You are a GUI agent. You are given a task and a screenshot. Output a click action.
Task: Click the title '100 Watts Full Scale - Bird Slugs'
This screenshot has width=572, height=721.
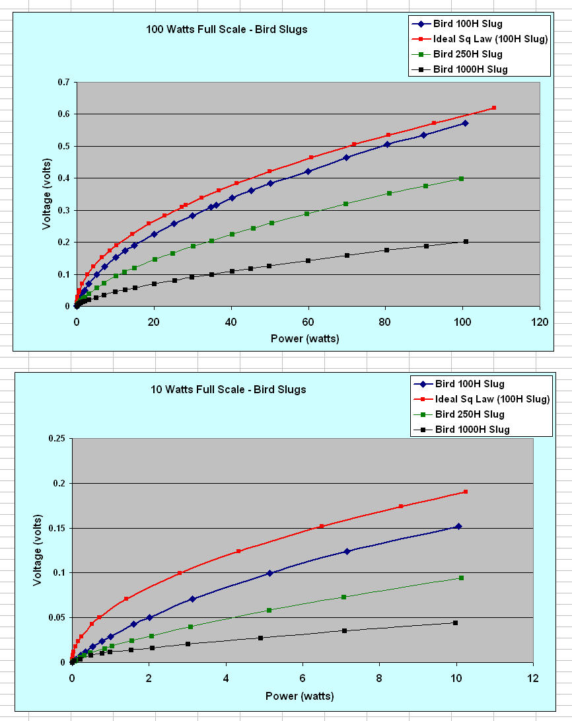click(x=227, y=30)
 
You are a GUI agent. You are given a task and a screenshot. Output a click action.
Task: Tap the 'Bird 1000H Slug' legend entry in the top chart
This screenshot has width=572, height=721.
click(x=470, y=69)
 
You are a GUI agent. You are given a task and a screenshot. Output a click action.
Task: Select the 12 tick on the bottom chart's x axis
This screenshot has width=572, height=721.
click(x=532, y=678)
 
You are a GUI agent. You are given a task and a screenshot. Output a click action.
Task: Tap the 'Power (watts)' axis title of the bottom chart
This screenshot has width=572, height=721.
click(x=299, y=696)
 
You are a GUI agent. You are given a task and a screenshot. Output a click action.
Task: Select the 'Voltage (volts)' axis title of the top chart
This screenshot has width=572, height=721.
click(x=47, y=196)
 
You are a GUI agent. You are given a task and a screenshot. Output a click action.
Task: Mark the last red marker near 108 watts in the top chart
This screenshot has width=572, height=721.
click(x=493, y=108)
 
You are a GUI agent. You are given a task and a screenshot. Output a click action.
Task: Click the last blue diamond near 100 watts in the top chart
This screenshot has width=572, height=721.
click(x=465, y=123)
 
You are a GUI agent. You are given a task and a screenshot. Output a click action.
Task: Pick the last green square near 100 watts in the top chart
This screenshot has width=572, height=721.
click(x=461, y=178)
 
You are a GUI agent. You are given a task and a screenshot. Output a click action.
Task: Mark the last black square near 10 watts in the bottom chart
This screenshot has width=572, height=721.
click(x=455, y=623)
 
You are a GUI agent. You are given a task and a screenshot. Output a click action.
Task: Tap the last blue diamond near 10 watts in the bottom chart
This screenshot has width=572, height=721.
click(x=458, y=526)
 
